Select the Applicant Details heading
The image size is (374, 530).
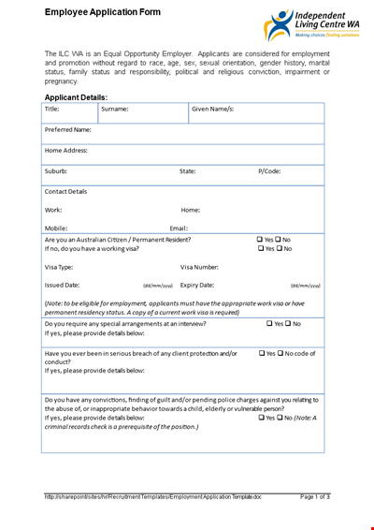point(76,97)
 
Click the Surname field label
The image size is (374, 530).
point(115,110)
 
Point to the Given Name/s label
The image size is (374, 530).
point(212,110)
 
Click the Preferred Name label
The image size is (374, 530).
point(68,130)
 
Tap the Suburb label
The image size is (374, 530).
point(56,171)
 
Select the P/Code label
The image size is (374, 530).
point(269,171)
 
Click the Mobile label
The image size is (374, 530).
point(56,228)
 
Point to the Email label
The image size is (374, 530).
point(179,228)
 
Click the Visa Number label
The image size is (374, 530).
point(199,267)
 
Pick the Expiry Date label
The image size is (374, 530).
point(197,285)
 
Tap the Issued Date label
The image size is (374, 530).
point(63,285)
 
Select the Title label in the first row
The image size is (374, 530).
point(52,110)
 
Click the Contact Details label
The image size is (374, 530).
point(66,191)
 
